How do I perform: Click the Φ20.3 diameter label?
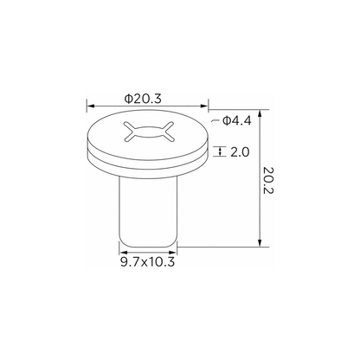point(143,99)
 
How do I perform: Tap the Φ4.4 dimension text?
point(237,120)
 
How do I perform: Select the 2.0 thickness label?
point(240,151)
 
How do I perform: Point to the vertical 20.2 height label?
point(268,180)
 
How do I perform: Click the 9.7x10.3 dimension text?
point(147,262)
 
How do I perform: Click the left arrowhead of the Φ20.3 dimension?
point(91,106)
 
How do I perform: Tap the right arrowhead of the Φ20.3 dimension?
point(204,106)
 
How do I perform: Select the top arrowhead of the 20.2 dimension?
point(260,113)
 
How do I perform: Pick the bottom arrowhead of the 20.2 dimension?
point(260,243)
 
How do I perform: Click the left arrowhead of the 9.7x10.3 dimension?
point(123,252)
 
